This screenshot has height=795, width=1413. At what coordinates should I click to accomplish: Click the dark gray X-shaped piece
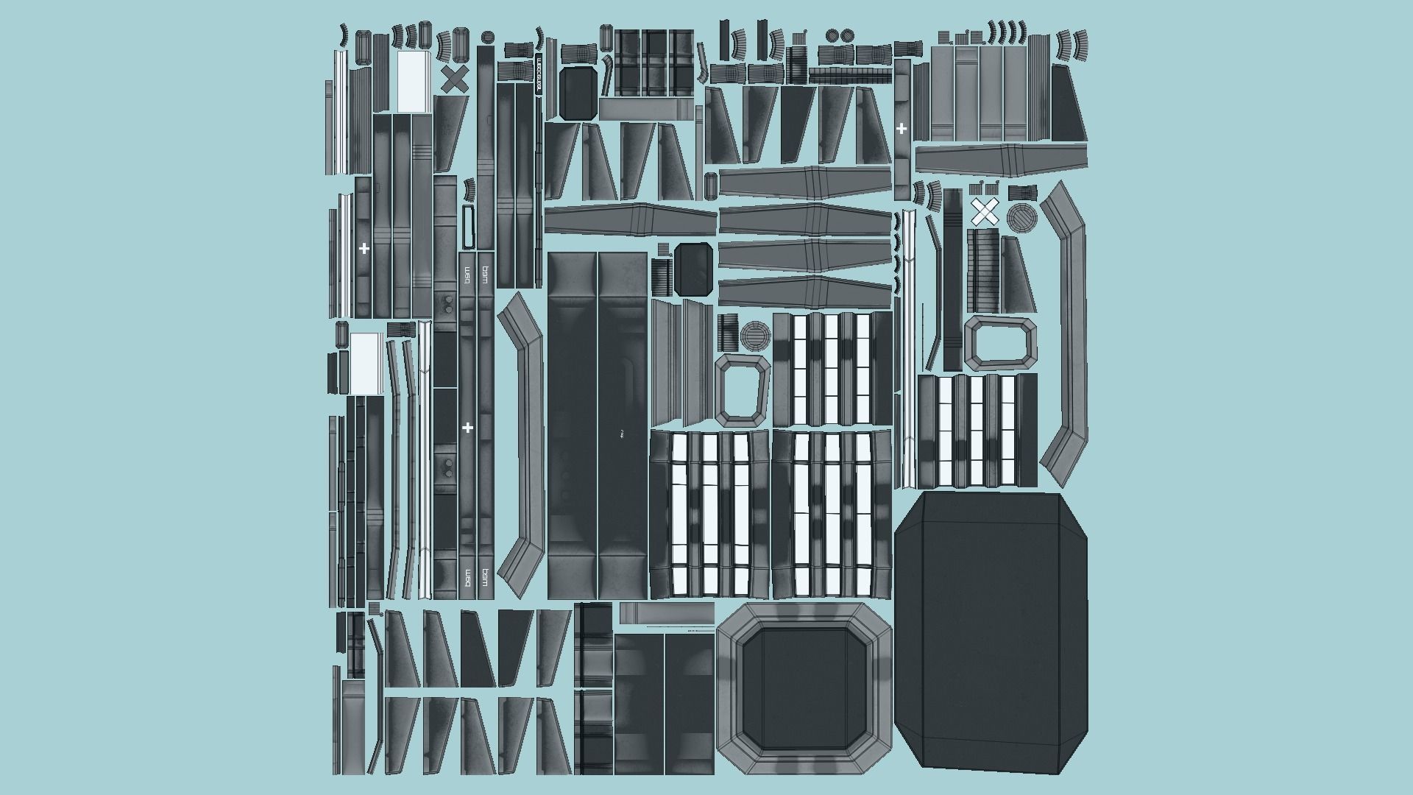tap(455, 79)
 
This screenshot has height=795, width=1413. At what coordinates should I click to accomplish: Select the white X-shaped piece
tap(984, 212)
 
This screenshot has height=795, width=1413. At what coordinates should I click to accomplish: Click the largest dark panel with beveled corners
tap(991, 634)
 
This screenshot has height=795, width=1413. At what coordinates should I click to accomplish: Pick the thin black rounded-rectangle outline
tap(469, 227)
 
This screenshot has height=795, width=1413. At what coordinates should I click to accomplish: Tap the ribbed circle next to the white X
tap(1021, 218)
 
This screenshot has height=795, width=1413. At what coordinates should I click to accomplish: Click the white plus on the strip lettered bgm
tap(467, 428)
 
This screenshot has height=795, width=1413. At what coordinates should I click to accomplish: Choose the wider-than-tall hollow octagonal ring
tap(1000, 343)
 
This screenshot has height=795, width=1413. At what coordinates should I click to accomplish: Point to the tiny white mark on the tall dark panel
tap(622, 434)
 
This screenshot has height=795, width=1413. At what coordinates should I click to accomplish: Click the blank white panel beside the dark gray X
tap(414, 82)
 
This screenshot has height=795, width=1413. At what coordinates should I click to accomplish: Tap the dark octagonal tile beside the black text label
tap(578, 93)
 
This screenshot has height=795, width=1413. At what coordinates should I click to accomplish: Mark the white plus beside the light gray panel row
tap(902, 129)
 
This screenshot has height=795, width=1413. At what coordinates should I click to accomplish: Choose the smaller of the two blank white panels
tap(365, 362)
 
